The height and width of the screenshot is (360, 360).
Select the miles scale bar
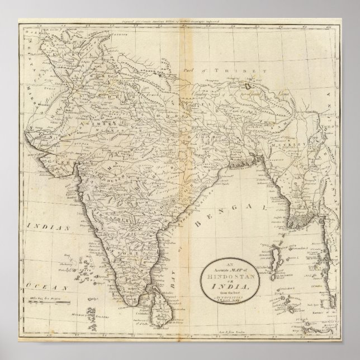coord(47,302)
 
